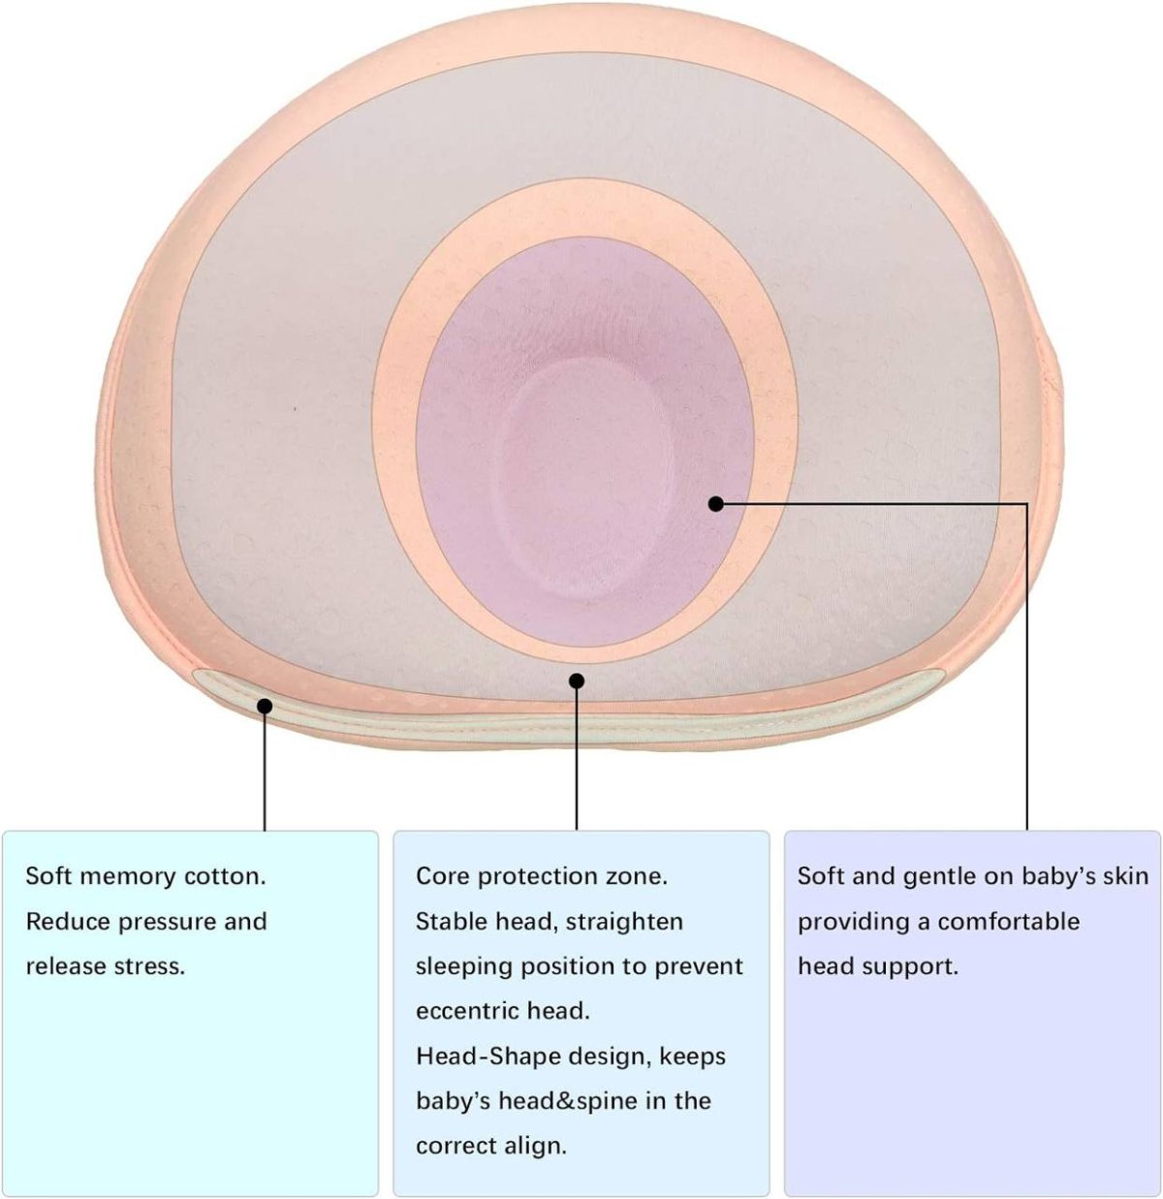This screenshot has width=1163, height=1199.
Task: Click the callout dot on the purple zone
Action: [716, 503]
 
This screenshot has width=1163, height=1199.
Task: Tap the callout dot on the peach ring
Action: [577, 680]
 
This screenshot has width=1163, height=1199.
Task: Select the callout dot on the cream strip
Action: [265, 707]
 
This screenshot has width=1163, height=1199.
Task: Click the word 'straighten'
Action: [624, 921]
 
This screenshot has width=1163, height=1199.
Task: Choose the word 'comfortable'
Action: [1008, 921]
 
